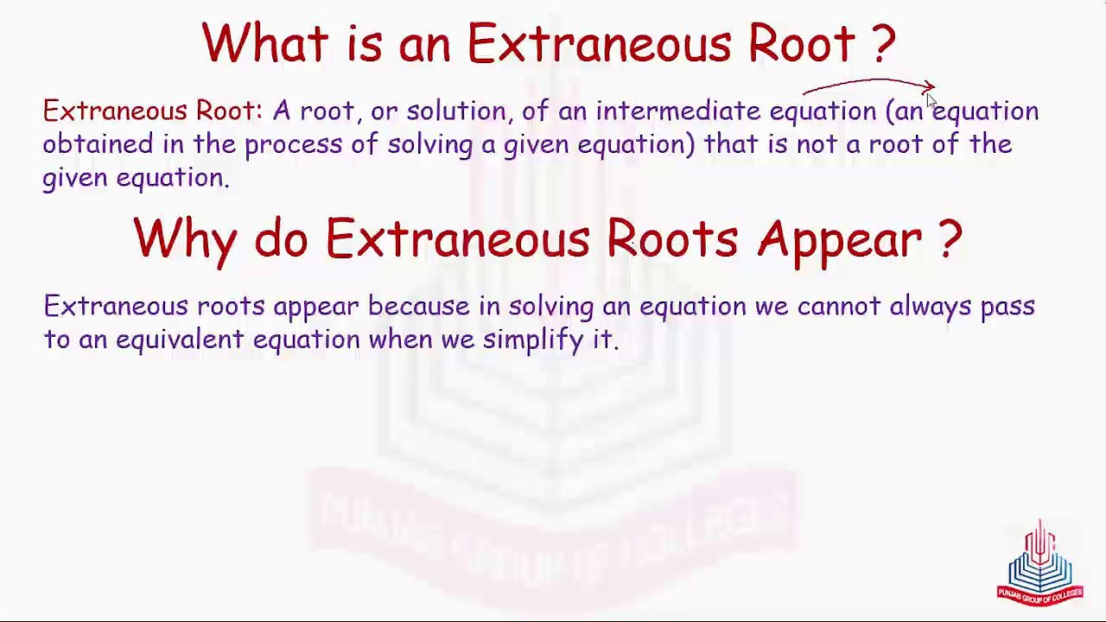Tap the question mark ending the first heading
click(x=884, y=43)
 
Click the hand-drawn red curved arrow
click(x=868, y=85)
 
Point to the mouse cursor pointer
click(x=931, y=100)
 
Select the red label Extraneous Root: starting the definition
click(x=152, y=111)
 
